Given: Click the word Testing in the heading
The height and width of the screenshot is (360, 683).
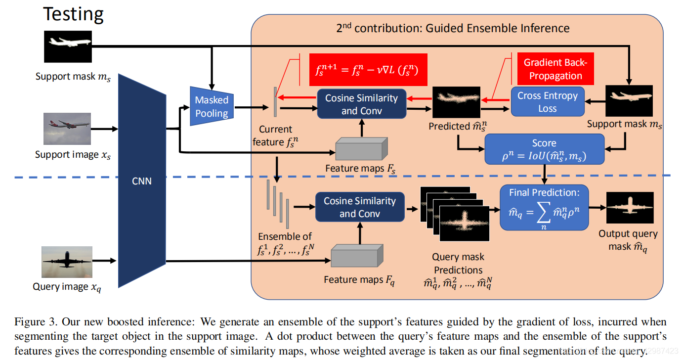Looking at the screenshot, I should [x=73, y=14].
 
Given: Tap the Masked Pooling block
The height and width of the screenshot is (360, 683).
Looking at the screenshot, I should [x=212, y=106].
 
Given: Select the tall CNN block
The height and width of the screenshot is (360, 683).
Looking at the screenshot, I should [x=142, y=181].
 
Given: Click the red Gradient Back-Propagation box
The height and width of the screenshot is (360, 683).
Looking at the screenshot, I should [x=555, y=69].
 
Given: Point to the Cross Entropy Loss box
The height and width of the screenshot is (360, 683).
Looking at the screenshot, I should [x=547, y=102].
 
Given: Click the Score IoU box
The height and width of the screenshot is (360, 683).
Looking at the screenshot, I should [x=544, y=150].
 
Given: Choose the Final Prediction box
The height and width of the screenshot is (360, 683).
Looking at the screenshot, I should [x=544, y=208].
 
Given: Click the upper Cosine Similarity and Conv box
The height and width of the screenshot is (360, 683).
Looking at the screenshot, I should [x=361, y=104].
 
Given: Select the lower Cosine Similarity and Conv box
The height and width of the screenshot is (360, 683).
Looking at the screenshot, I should [x=360, y=207].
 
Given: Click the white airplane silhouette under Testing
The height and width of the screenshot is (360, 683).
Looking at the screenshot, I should [x=68, y=46].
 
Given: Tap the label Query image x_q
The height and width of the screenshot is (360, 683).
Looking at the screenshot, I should [x=67, y=287].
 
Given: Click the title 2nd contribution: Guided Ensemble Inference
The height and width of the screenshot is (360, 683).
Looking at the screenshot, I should [x=453, y=28].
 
